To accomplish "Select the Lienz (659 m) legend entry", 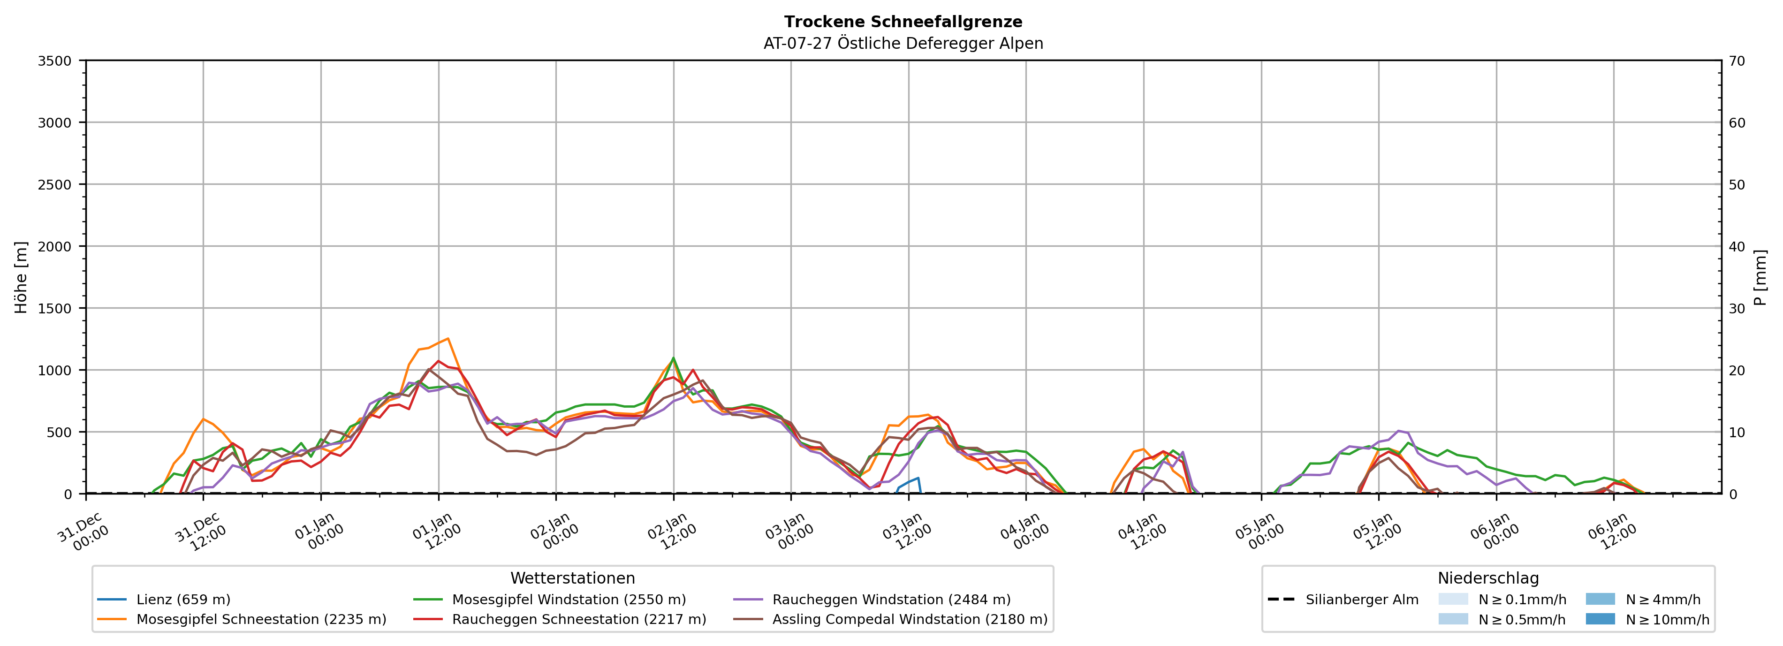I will point(183,600).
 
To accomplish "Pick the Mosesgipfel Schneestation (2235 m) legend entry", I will point(261,619).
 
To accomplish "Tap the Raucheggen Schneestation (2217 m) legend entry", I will point(579,619).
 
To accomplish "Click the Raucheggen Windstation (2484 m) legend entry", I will point(891,600).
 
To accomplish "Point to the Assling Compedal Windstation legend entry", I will point(910,619).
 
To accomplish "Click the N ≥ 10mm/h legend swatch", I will point(1600,619).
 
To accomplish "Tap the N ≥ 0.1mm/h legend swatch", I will point(1453,600).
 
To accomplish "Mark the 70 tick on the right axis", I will point(1737,61).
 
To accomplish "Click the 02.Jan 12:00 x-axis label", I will point(671,532).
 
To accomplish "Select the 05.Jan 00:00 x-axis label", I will point(1259,532).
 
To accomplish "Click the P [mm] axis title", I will point(1760,277).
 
